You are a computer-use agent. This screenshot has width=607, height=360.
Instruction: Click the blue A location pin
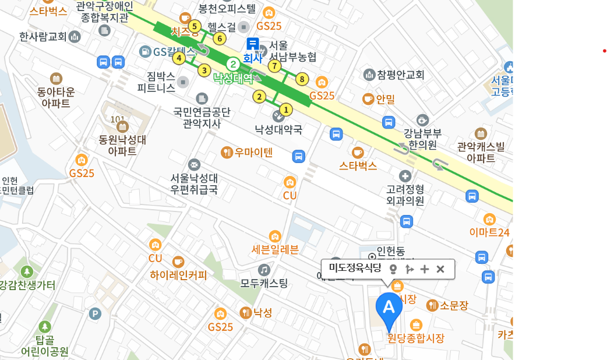(389, 308)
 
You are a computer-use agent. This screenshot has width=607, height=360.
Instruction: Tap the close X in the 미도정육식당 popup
(440, 269)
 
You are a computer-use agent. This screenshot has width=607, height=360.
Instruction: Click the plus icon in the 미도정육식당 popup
(425, 269)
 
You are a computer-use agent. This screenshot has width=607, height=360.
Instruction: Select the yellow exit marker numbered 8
(301, 79)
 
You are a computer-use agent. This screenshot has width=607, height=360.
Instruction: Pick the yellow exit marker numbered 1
(285, 109)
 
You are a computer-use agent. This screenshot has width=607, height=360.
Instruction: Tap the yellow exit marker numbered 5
(195, 26)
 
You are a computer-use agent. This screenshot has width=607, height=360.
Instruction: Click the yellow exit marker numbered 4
(179, 58)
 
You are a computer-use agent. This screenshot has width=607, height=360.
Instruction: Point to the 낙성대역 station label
(233, 78)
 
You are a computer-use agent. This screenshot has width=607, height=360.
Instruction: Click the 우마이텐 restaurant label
(253, 153)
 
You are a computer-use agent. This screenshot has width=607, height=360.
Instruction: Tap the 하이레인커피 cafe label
(178, 275)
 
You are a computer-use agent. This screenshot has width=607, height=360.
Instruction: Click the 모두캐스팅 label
(264, 284)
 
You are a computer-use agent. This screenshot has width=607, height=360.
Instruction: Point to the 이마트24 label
(489, 232)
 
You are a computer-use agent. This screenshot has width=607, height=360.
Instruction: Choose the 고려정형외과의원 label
(405, 195)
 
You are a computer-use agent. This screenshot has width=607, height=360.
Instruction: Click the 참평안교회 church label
(401, 75)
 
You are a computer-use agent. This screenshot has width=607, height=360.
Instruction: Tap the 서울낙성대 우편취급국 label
(194, 183)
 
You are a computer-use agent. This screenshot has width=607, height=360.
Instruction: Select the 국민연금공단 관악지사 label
(202, 117)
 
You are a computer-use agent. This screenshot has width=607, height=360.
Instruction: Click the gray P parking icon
(94, 314)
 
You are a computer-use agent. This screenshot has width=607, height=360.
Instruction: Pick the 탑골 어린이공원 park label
(44, 345)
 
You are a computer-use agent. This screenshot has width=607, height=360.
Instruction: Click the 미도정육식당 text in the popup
(355, 268)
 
